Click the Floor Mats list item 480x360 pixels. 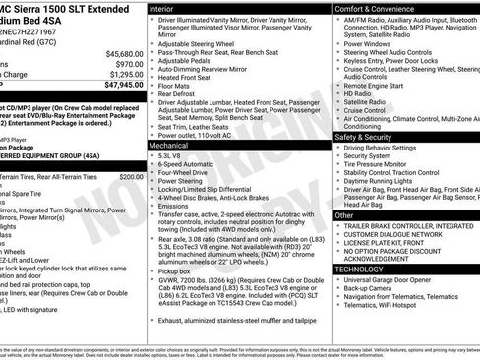coord(173,88)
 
